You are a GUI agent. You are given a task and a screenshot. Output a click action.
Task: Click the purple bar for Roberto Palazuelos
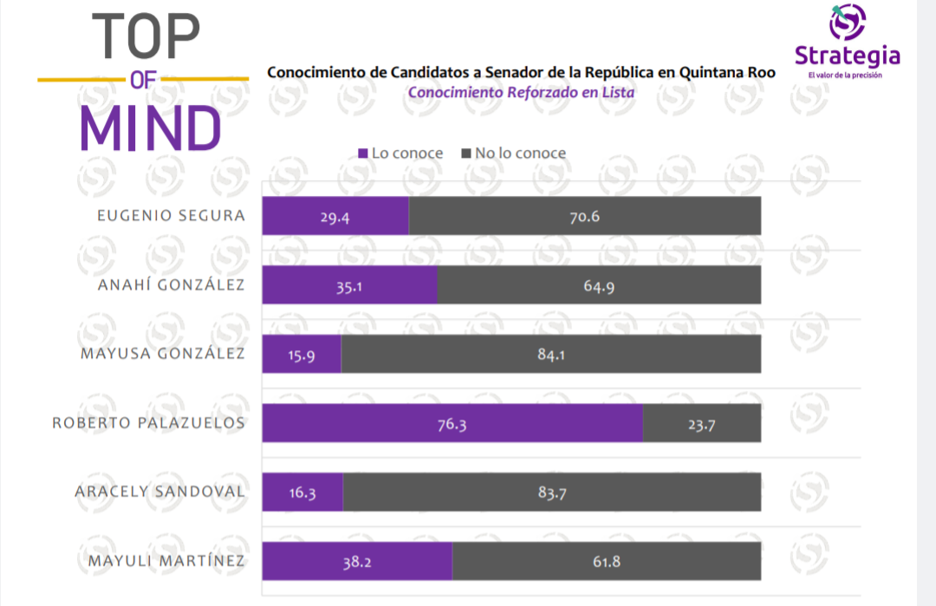452,423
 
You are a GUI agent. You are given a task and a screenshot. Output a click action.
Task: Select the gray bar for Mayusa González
550,354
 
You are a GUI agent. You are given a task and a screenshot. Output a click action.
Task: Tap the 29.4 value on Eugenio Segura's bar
334,216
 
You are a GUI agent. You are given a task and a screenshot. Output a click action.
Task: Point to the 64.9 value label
598,285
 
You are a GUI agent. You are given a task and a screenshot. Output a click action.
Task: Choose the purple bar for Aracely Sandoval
302,492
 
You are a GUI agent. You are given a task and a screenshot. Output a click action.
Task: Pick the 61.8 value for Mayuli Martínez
607,561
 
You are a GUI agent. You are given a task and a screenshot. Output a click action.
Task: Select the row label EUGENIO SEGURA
171,215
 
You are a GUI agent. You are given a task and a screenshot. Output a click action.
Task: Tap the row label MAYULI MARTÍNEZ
166,561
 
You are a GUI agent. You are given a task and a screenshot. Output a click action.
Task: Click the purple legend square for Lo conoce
363,153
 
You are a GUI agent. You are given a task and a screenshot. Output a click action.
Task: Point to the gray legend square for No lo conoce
466,153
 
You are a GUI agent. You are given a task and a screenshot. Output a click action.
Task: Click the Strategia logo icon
847,23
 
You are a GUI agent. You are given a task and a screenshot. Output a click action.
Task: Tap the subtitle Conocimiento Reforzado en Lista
522,93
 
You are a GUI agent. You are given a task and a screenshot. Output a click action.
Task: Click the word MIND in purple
151,128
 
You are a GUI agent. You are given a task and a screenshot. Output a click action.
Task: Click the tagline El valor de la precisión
845,75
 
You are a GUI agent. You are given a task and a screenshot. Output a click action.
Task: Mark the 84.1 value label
551,354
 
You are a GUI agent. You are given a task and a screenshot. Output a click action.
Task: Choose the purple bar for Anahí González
349,284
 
